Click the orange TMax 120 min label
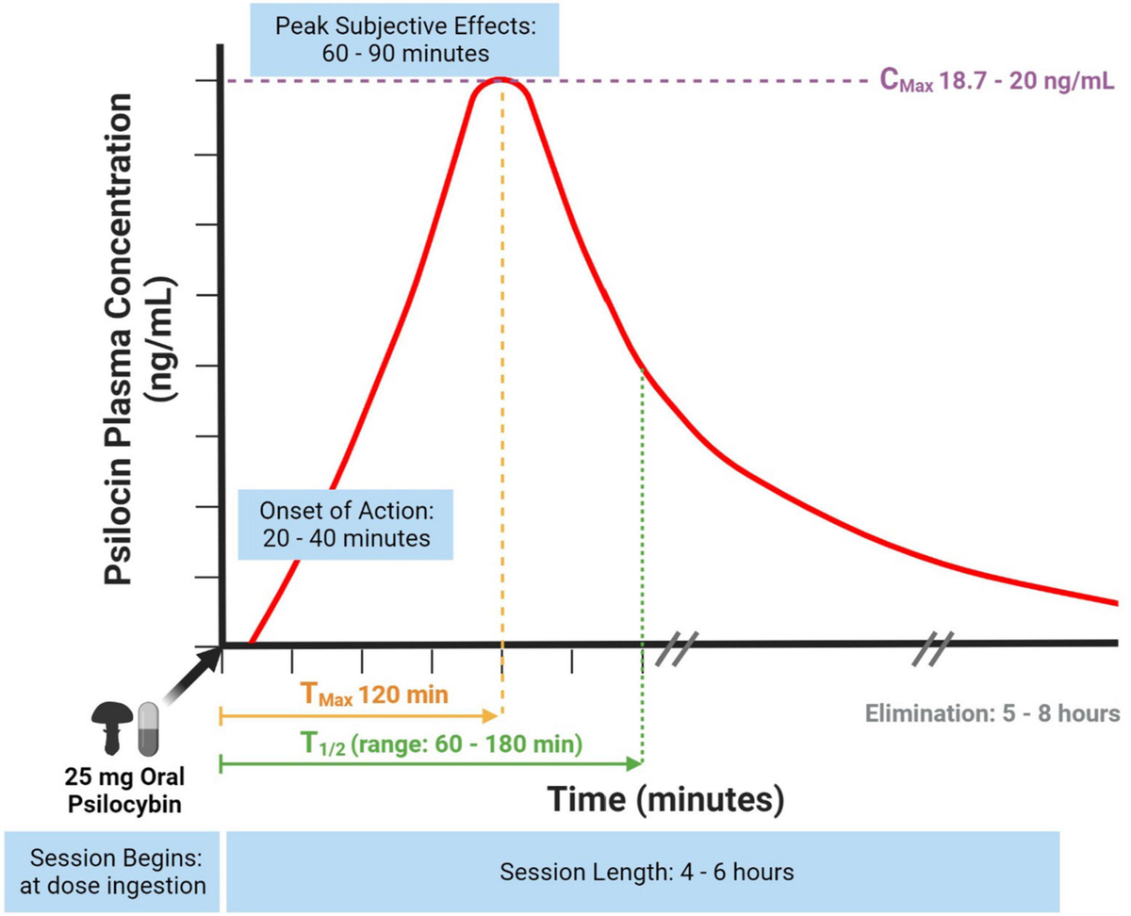[374, 695]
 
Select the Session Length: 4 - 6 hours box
[646, 872]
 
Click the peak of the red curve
[501, 79]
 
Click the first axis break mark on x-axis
[677, 647]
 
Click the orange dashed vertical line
[502, 377]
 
